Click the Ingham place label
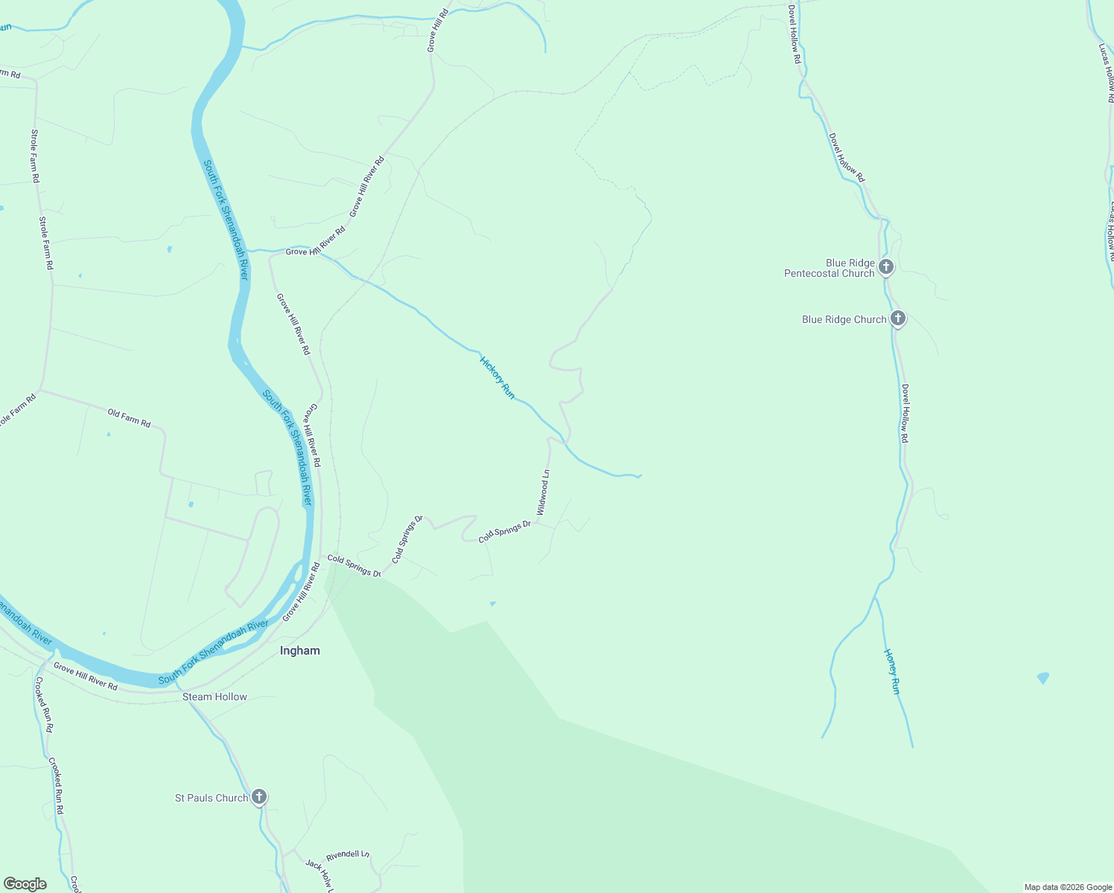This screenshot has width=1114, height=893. (x=300, y=650)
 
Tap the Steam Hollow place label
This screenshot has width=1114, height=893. (x=214, y=697)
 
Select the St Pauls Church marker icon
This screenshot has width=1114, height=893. (x=259, y=797)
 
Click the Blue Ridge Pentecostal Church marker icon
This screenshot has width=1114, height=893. (x=886, y=266)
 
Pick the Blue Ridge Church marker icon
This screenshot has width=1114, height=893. (x=898, y=319)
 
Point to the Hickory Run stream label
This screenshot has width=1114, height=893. (x=497, y=377)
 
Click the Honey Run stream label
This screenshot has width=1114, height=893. (x=892, y=671)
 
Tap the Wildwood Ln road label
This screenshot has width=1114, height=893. (x=544, y=493)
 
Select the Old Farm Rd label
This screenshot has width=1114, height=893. (x=129, y=417)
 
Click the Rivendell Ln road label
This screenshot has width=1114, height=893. (x=348, y=856)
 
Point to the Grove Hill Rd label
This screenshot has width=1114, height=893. (x=438, y=30)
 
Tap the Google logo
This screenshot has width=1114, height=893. (x=25, y=884)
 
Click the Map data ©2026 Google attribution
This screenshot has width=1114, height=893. (x=1068, y=887)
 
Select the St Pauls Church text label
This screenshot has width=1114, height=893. (x=211, y=798)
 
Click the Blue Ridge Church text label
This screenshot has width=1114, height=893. (x=844, y=319)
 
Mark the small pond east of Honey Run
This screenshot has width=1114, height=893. (x=1043, y=677)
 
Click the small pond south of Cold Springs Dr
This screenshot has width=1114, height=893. (x=492, y=604)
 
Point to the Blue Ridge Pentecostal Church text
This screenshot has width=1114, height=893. (x=830, y=268)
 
